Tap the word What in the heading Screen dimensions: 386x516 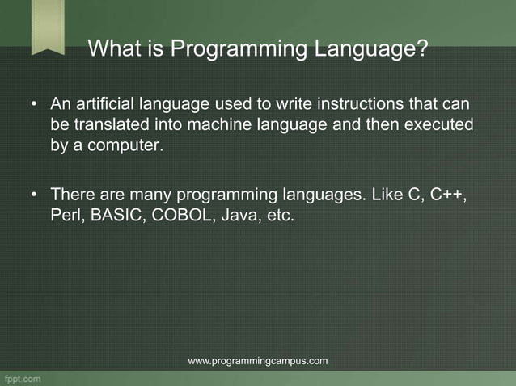pos(115,50)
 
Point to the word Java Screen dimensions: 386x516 pos(235,216)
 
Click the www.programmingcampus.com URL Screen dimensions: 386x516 pos(257,360)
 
